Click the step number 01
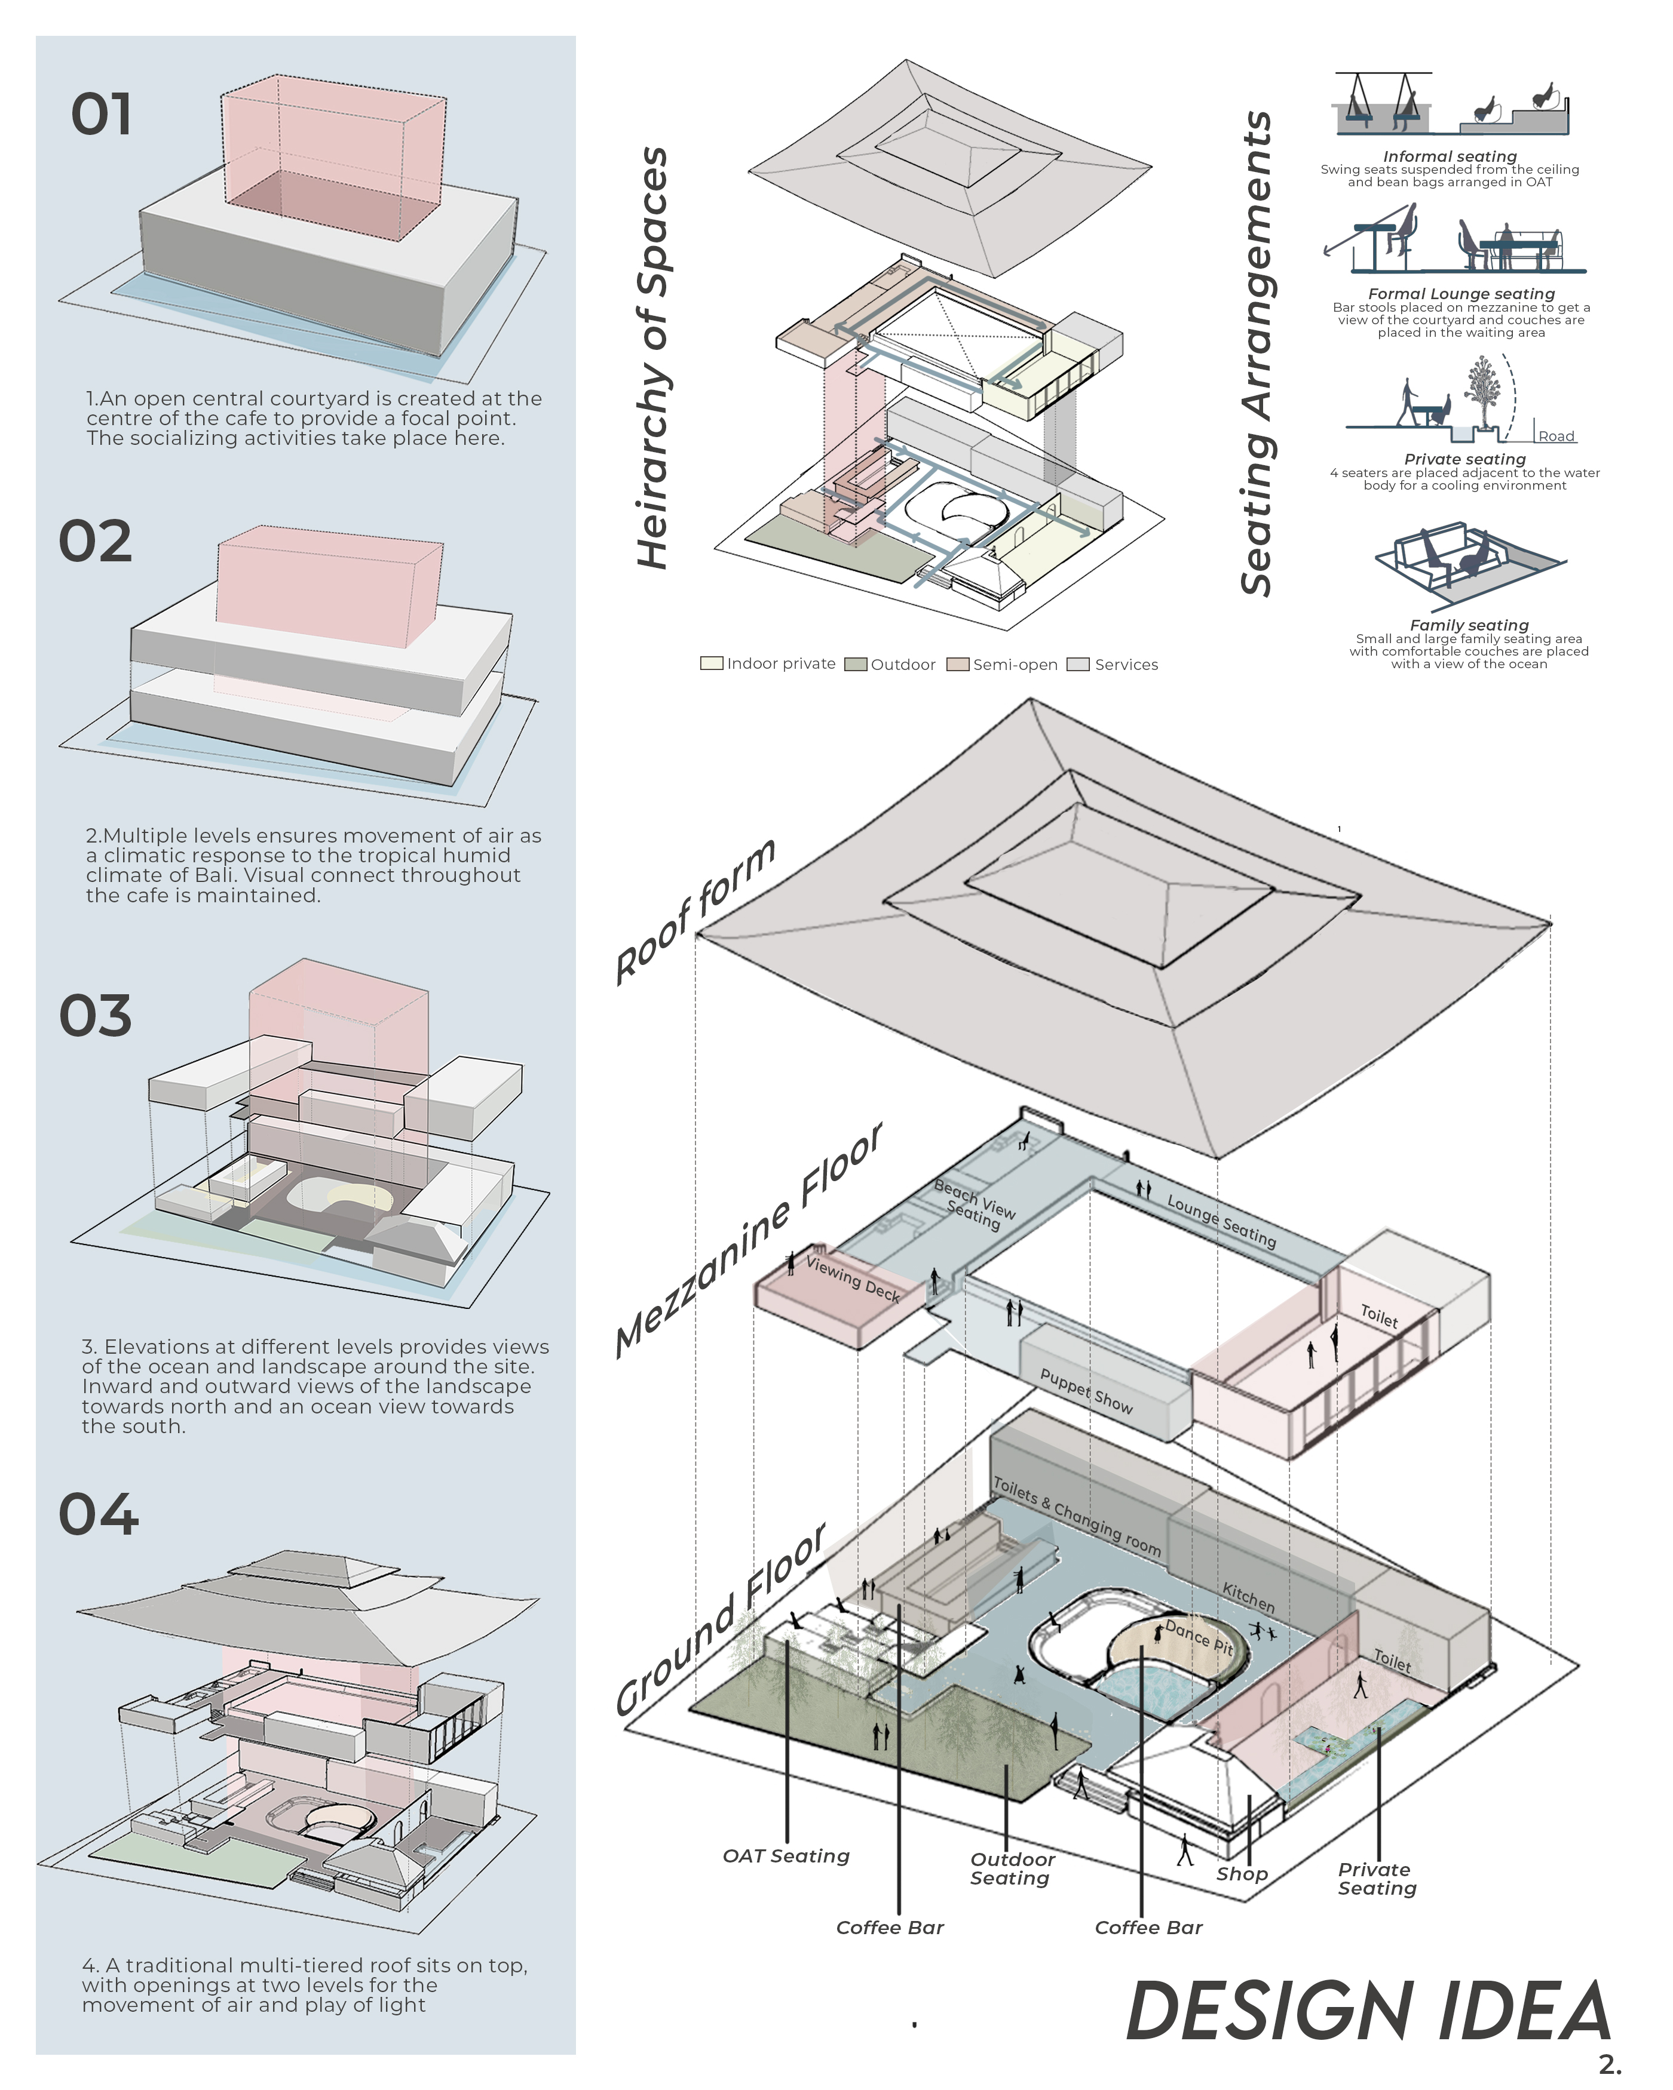click(x=101, y=115)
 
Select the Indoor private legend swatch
click(x=711, y=664)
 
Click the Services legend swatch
click(x=1077, y=664)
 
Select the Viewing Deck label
click(x=853, y=1278)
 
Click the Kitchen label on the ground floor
click(x=1248, y=1597)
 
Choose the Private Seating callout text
click(x=1376, y=1879)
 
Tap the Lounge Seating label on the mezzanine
click(x=1221, y=1221)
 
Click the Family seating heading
click(x=1469, y=625)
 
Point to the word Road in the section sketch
click(x=1556, y=437)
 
